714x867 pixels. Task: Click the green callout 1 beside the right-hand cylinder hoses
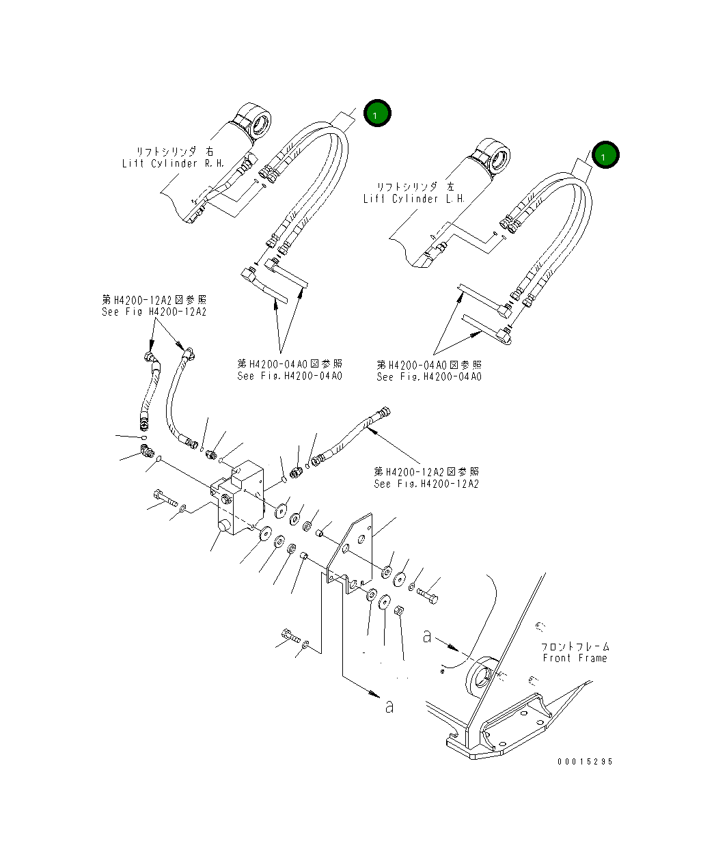pyautogui.click(x=376, y=114)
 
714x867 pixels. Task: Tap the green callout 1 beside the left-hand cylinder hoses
pyautogui.click(x=605, y=156)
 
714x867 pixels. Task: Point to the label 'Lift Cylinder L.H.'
pyautogui.click(x=414, y=199)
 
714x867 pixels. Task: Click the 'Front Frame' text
pyautogui.click(x=575, y=658)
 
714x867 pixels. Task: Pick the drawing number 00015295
pyautogui.click(x=584, y=762)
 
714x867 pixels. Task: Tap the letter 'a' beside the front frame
pyautogui.click(x=427, y=637)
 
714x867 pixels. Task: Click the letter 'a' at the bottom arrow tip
pyautogui.click(x=389, y=706)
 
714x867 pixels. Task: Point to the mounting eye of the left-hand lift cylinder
pyautogui.click(x=493, y=154)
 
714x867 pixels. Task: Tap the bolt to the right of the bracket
pyautogui.click(x=428, y=596)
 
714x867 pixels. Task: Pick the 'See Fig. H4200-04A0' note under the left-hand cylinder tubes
pyautogui.click(x=429, y=376)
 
